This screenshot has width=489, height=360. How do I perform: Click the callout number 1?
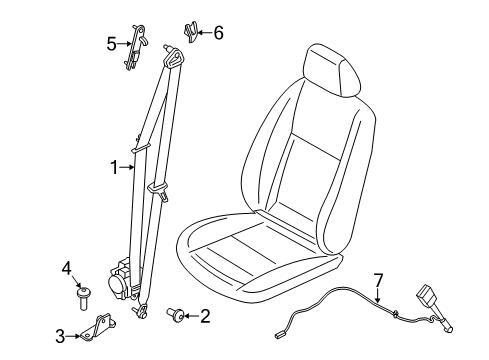[114, 167]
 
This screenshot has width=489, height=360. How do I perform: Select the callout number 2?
[205, 318]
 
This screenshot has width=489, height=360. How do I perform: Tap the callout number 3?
[61, 336]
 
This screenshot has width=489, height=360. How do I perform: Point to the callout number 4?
[67, 267]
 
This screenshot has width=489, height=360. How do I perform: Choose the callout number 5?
[113, 42]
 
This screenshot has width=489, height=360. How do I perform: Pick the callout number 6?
[218, 33]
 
